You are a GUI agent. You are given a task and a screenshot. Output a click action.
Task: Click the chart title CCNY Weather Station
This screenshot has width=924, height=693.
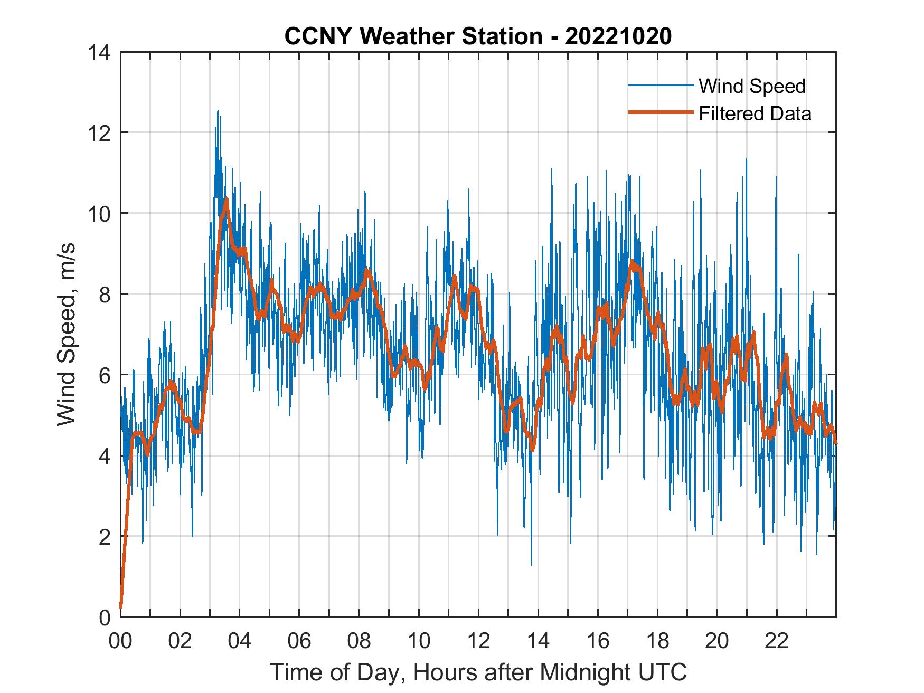click(x=413, y=36)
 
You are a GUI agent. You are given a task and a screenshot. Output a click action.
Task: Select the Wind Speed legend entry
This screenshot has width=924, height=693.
click(x=752, y=86)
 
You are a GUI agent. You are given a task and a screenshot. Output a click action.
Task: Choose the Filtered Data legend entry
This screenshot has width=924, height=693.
click(x=755, y=113)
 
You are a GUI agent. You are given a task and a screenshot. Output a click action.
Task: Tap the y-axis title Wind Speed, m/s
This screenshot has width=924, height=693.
click(x=67, y=334)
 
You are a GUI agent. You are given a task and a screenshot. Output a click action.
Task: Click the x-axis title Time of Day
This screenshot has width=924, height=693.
click(x=478, y=672)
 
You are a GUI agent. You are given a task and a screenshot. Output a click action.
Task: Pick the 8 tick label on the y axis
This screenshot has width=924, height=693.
click(x=104, y=294)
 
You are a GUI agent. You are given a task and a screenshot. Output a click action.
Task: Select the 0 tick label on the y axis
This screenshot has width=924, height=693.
click(x=104, y=617)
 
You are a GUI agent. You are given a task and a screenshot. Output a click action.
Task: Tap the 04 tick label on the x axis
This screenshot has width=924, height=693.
click(x=239, y=641)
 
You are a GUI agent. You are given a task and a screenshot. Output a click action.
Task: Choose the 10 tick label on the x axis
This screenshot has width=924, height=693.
click(x=419, y=641)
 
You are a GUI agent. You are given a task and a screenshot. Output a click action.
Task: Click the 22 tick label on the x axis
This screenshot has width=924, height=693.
click(x=777, y=641)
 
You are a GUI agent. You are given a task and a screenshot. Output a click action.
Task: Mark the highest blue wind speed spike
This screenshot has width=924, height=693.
click(x=218, y=111)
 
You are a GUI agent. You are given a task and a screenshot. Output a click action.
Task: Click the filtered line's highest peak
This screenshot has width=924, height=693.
click(x=226, y=200)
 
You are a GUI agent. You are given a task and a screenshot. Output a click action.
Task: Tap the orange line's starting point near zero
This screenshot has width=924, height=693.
click(x=121, y=607)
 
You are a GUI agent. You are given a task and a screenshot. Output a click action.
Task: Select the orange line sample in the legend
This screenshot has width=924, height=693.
click(x=660, y=112)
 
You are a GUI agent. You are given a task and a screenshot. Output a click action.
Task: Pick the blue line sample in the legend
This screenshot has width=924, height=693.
click(x=660, y=86)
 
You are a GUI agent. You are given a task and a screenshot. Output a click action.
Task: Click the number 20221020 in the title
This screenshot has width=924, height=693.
click(x=618, y=36)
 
